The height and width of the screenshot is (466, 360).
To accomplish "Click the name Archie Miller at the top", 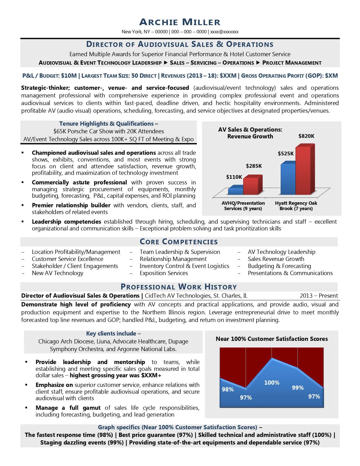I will [x=180, y=22].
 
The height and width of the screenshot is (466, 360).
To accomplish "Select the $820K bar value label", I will [x=306, y=136].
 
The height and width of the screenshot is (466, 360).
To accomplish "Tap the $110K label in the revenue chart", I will [x=234, y=177].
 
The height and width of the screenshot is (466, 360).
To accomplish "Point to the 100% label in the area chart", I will [x=272, y=383].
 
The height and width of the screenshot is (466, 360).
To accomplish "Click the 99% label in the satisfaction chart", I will [x=298, y=388].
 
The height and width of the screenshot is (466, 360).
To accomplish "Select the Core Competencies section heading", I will [x=179, y=242].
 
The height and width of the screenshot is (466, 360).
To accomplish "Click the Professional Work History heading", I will [x=179, y=287].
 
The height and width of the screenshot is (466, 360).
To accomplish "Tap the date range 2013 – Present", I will [x=319, y=296].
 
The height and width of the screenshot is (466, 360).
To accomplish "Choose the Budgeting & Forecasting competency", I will [x=279, y=266].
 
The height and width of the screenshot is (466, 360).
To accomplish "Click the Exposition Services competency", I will [x=164, y=273].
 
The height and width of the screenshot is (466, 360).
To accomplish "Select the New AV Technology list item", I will [x=58, y=273].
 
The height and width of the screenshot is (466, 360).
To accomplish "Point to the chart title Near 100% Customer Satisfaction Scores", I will [x=272, y=339].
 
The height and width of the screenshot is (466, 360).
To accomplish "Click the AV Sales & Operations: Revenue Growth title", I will [x=250, y=133].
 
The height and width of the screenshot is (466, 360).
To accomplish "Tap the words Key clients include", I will [x=113, y=334].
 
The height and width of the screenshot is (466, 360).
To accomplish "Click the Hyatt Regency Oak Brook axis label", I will [x=296, y=206].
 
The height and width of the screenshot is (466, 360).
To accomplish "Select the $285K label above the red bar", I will [x=254, y=166].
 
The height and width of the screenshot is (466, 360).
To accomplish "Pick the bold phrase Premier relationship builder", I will [x=71, y=205].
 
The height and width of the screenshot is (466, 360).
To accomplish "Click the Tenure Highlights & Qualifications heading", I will [x=106, y=124].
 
